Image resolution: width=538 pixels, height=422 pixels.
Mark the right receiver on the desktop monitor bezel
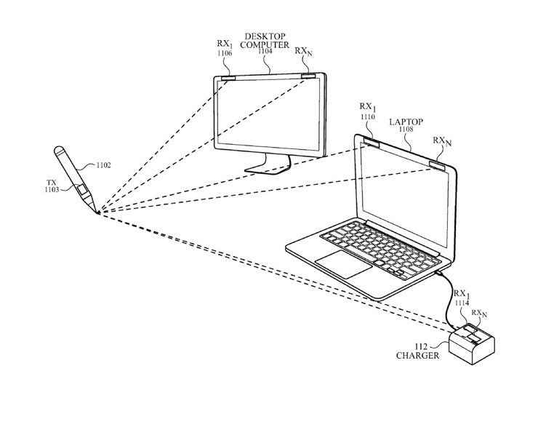309,76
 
